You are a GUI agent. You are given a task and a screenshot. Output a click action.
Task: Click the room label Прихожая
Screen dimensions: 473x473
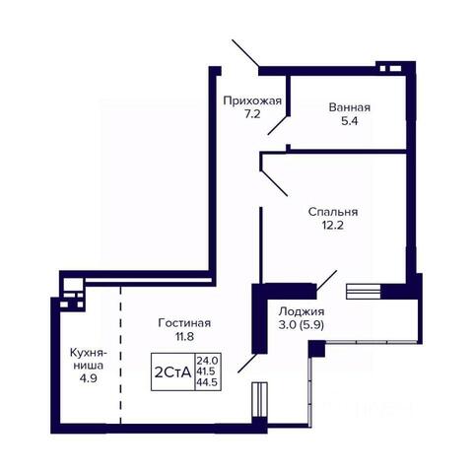click(252, 101)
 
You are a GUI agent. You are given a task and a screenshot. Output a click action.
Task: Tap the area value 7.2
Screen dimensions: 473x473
click(252, 114)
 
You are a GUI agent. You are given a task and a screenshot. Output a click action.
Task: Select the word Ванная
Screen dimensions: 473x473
click(350, 107)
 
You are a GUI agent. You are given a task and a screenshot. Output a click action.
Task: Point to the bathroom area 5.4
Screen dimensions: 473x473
click(349, 121)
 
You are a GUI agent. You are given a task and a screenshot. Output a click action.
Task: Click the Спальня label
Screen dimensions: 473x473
click(333, 212)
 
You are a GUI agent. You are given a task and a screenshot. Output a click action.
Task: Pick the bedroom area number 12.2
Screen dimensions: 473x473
click(332, 226)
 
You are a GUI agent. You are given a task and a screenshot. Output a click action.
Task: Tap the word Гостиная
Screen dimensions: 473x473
click(184, 323)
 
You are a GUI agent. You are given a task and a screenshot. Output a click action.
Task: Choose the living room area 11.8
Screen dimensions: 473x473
click(184, 336)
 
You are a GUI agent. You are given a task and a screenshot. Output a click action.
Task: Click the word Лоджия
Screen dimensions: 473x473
click(302, 311)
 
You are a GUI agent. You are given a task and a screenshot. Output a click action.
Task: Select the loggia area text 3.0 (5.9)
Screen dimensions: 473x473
click(302, 325)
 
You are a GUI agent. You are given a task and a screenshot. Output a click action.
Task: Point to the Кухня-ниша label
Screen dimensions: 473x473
click(89, 359)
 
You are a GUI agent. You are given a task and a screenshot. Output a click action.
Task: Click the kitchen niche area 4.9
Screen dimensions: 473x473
click(88, 378)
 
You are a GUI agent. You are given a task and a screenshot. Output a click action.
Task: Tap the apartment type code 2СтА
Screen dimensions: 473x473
click(172, 372)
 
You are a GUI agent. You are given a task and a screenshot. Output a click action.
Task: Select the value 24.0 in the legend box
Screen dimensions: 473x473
click(208, 361)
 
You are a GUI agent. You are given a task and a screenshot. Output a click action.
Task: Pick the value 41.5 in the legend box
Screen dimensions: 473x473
click(206, 372)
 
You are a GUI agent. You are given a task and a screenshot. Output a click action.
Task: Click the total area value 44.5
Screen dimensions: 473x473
click(208, 382)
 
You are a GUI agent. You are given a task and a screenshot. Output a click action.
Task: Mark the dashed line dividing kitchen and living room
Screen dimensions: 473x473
click(120, 356)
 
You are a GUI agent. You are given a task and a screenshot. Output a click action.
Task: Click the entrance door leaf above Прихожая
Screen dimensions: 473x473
click(245, 53)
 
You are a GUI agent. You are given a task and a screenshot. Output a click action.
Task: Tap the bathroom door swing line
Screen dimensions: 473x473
click(278, 125)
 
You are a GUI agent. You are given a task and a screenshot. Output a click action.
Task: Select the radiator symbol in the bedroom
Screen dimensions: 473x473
click(364, 292)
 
